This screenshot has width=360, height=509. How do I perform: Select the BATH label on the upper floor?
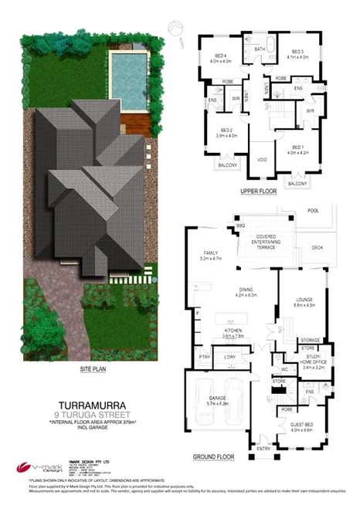[x=260, y=49]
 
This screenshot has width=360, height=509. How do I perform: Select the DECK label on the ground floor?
[x=317, y=248]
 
